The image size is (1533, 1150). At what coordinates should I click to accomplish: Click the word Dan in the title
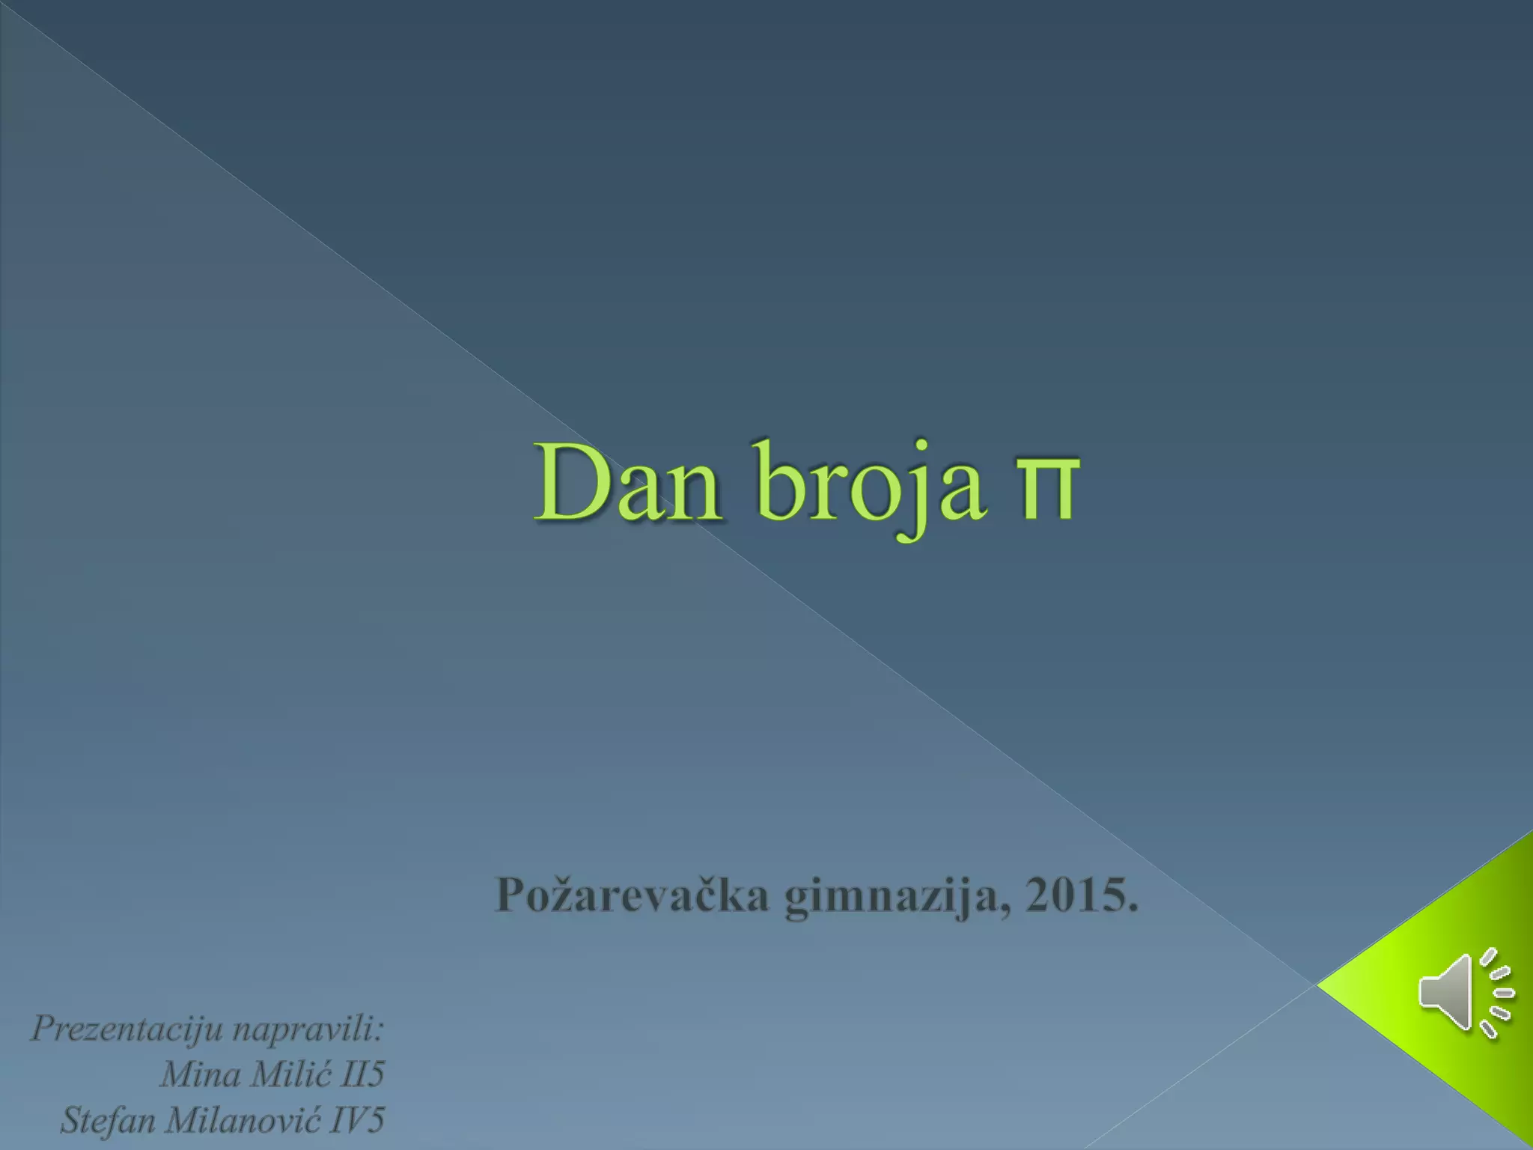[x=627, y=483]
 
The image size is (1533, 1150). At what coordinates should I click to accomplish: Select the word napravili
[x=308, y=1029]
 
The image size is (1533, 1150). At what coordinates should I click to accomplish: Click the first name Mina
[x=201, y=1075]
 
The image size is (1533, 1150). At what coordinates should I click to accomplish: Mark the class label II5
[x=362, y=1075]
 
